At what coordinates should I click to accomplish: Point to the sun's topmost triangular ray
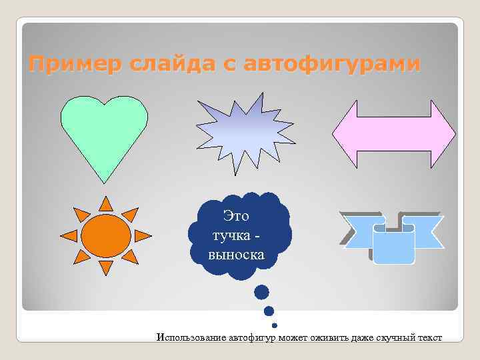pyautogui.click(x=106, y=203)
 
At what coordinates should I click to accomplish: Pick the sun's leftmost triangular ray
pyautogui.click(x=68, y=235)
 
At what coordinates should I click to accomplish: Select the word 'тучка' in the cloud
pyautogui.click(x=228, y=236)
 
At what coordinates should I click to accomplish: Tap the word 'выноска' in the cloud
pyautogui.click(x=237, y=255)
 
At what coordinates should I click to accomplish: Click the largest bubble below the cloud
pyautogui.click(x=262, y=292)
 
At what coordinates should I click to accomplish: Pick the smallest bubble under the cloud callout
pyautogui.click(x=275, y=325)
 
